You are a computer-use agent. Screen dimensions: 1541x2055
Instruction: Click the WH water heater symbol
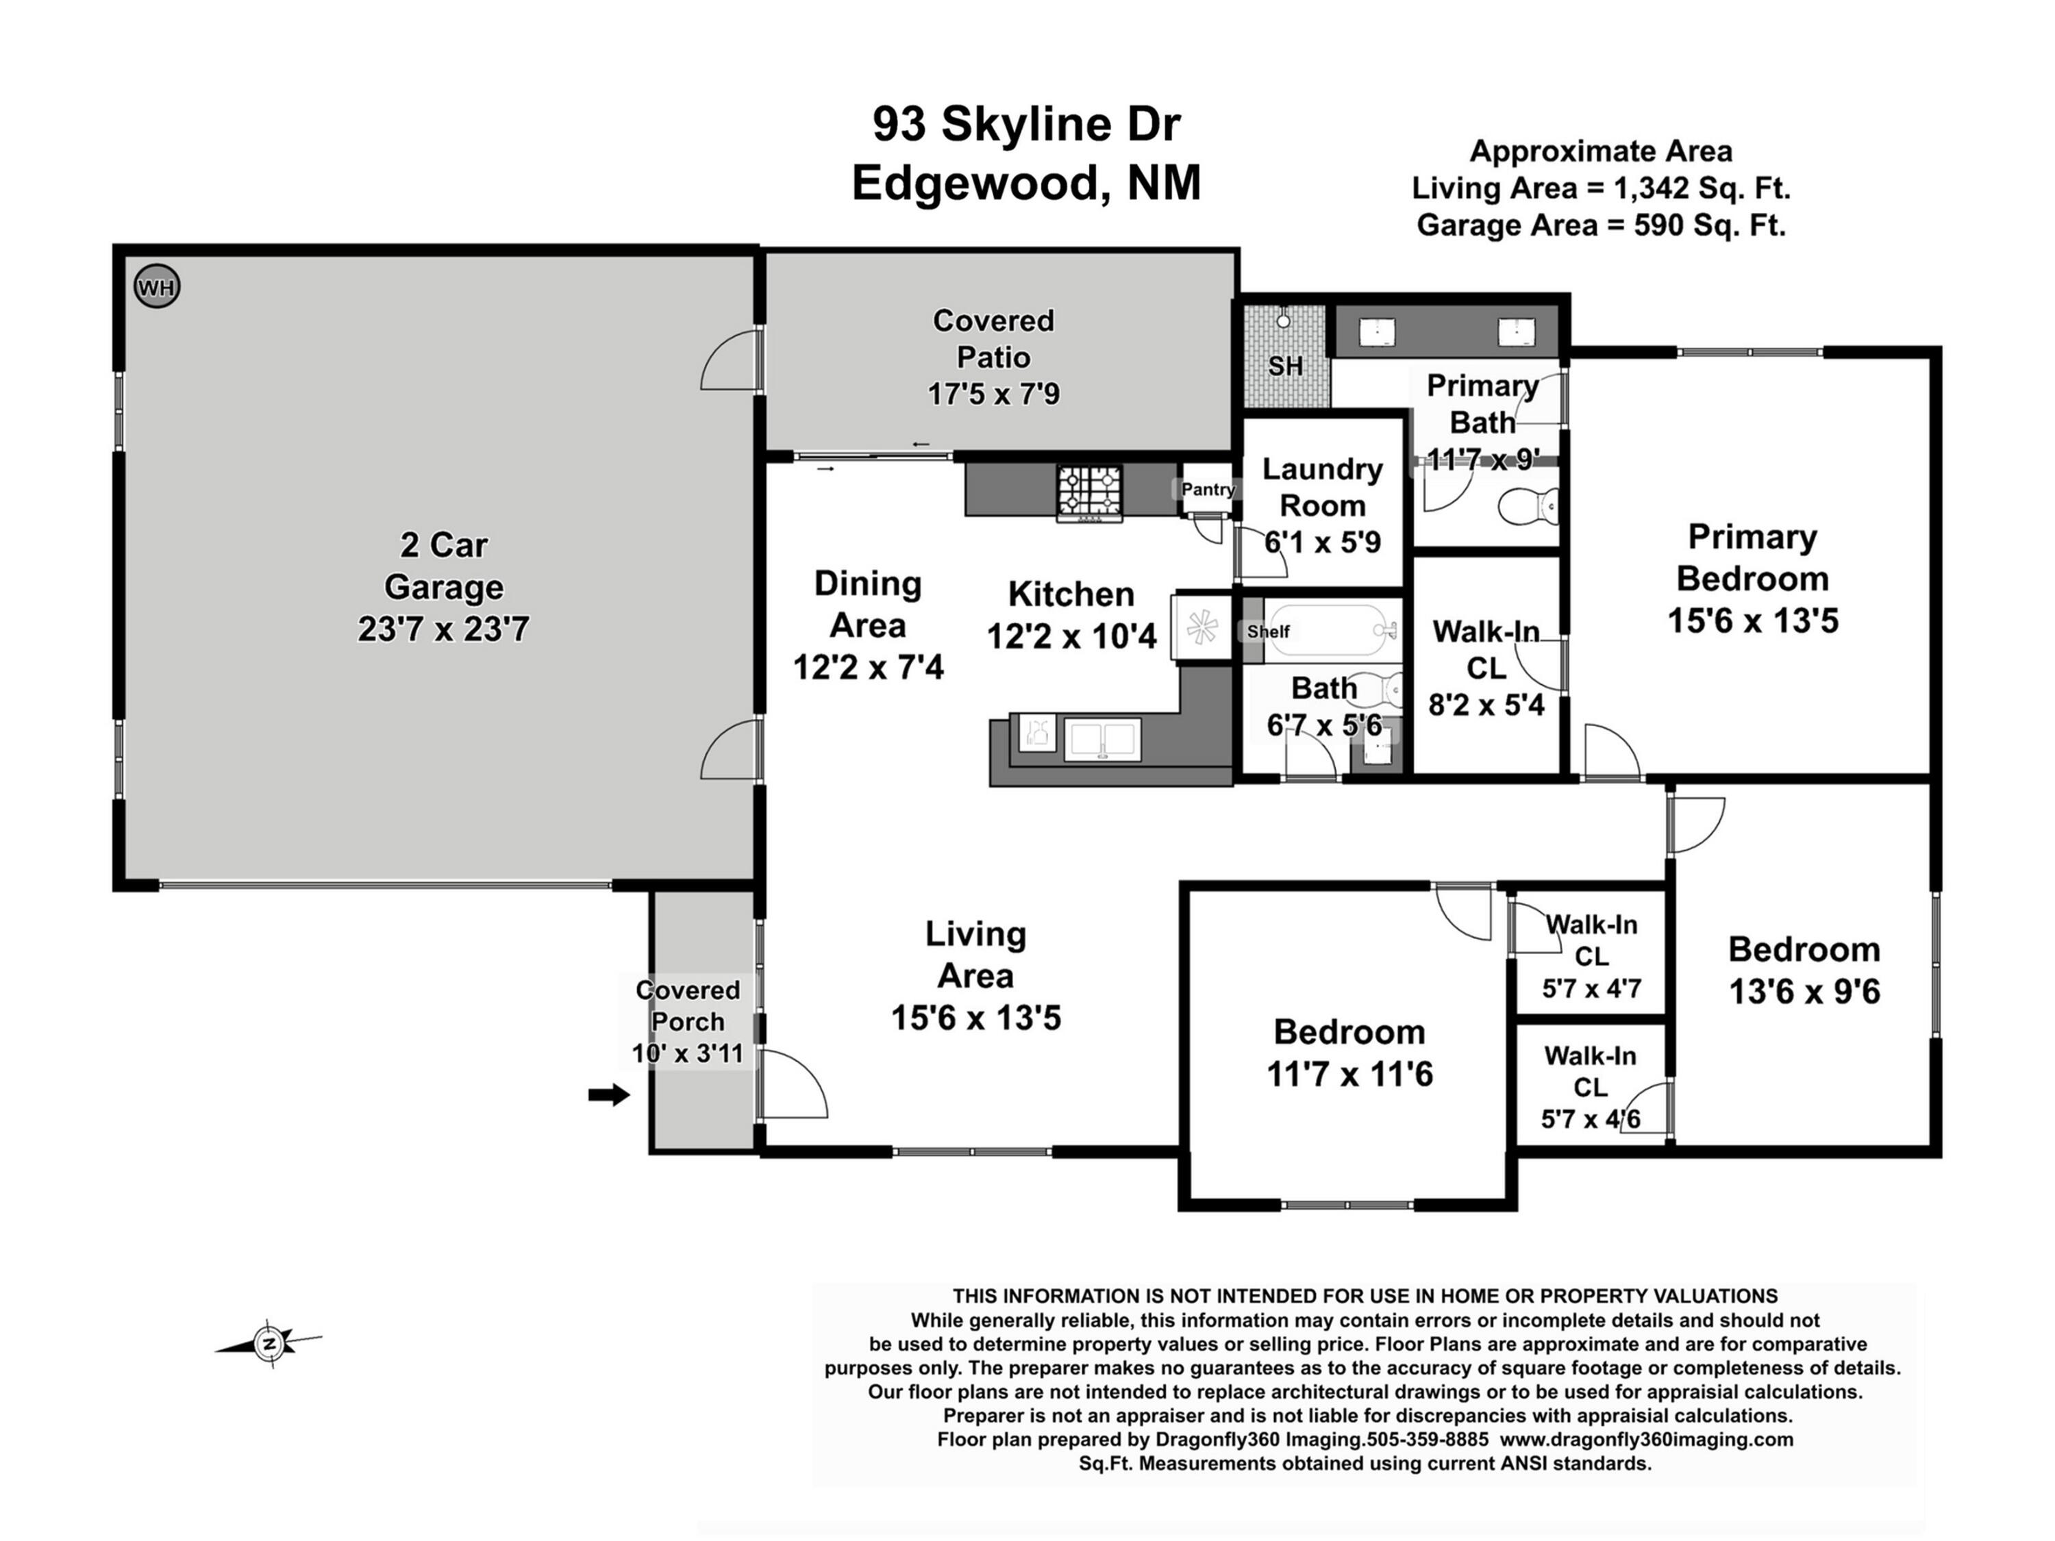point(156,286)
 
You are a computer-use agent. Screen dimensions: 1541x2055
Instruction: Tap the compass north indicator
point(269,1343)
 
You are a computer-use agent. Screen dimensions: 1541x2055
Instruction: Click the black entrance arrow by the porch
point(608,1095)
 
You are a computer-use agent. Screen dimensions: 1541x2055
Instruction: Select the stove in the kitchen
point(1090,492)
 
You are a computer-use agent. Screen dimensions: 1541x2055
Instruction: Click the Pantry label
point(1208,490)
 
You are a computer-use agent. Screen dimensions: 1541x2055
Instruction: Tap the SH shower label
point(1285,366)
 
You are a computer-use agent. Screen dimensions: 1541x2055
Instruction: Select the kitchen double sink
point(1101,740)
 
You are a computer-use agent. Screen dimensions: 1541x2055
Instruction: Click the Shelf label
point(1268,631)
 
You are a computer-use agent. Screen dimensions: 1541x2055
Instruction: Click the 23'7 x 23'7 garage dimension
point(443,630)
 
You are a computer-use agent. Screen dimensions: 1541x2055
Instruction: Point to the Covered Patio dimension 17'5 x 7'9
point(993,394)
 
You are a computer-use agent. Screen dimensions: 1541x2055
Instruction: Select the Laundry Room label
point(1322,487)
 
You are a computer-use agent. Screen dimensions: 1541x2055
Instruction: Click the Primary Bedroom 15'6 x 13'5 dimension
point(1752,621)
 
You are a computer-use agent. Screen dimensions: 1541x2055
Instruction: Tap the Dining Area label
point(868,604)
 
